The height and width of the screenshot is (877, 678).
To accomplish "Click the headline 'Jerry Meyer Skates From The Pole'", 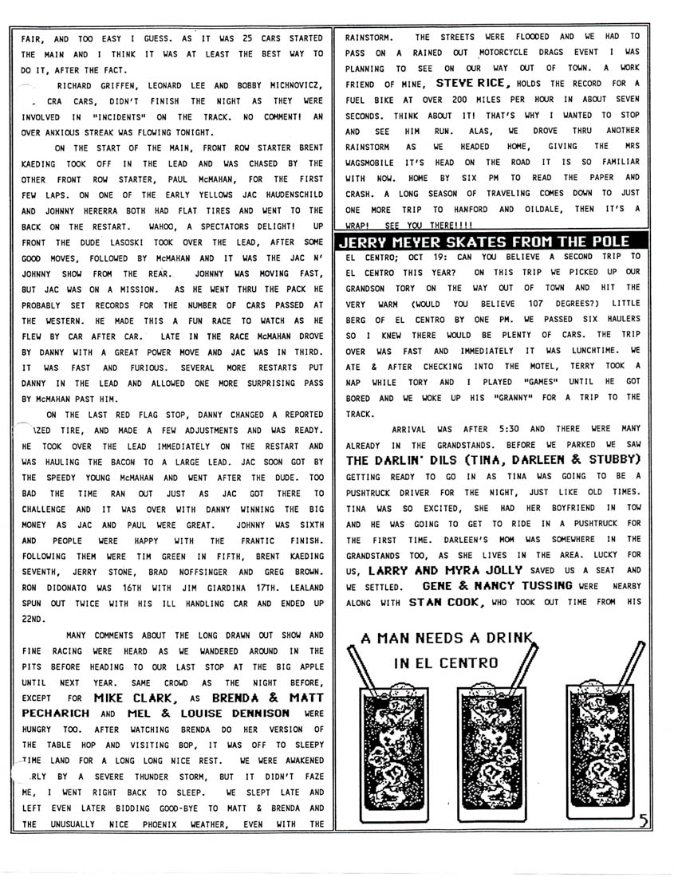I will click(x=484, y=241).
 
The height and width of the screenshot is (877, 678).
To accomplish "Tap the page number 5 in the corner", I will click(x=644, y=820).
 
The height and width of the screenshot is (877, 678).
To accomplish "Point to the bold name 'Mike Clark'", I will click(x=134, y=698).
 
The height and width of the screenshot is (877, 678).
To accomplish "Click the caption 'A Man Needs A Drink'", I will click(x=445, y=639).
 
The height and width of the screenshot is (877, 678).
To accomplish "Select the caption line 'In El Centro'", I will click(x=445, y=663).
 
